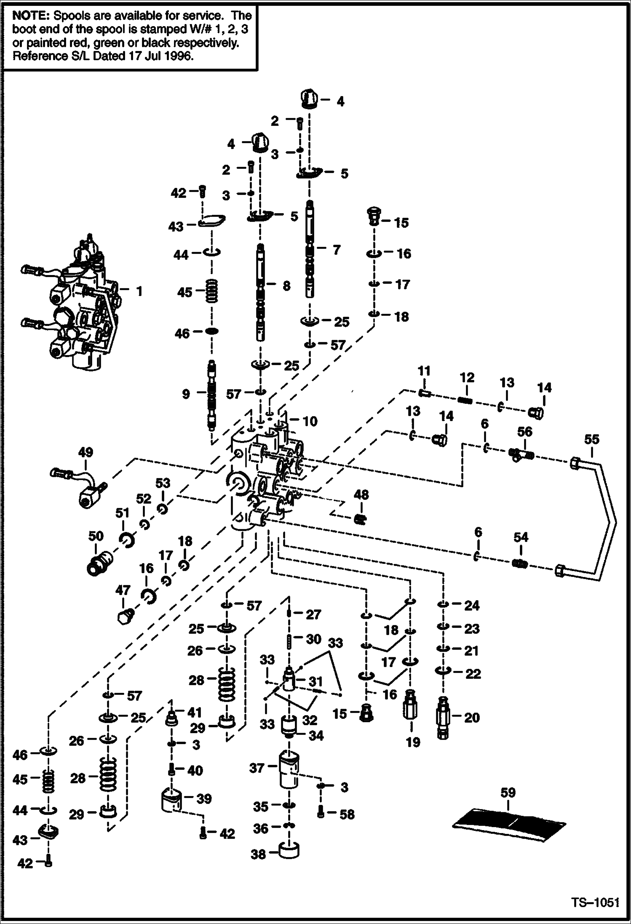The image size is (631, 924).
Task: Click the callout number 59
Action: [508, 793]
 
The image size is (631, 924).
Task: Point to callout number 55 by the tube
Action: [591, 439]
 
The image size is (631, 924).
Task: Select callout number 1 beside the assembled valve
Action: [139, 291]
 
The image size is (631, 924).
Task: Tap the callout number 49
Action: [86, 453]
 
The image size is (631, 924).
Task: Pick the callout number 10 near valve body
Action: [310, 421]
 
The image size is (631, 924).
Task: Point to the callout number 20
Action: [472, 717]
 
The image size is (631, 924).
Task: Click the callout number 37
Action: [257, 768]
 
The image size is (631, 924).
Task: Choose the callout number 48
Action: [361, 494]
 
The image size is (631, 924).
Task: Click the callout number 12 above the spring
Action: [467, 377]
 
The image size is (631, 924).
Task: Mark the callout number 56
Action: [524, 432]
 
